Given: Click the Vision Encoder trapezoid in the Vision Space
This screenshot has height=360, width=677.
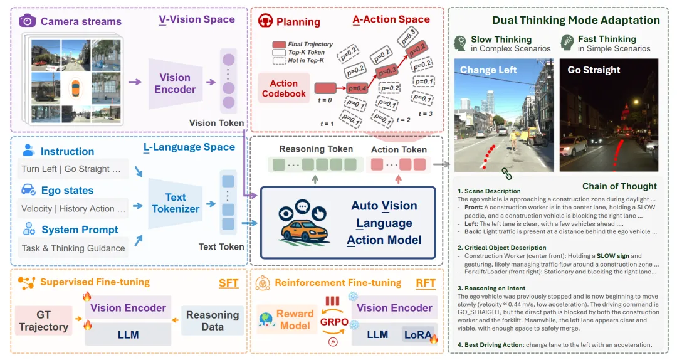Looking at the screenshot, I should tap(175, 83).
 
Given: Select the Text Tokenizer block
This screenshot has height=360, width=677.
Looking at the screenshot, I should tap(176, 203).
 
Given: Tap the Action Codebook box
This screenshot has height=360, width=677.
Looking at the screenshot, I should tap(284, 88).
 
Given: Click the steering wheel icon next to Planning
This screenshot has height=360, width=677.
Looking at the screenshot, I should tap(265, 21).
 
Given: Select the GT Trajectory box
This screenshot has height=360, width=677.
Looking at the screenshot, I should tap(43, 320).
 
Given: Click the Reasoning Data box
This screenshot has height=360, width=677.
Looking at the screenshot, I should tap(213, 320).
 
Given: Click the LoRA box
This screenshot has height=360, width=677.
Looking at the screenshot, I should tap(419, 335).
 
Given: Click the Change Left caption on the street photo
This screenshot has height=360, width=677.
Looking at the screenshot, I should tap(488, 70).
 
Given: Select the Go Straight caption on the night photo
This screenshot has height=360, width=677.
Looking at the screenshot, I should tap(594, 70).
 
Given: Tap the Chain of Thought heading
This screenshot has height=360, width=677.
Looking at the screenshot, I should tap(619, 186).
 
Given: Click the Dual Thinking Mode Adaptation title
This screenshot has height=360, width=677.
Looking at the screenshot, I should tap(576, 20).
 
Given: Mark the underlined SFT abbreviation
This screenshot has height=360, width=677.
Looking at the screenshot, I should tap(229, 283).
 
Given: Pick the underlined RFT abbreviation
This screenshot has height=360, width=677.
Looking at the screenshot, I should tap(426, 283).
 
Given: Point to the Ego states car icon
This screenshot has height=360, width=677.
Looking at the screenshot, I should tap(28, 190).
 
